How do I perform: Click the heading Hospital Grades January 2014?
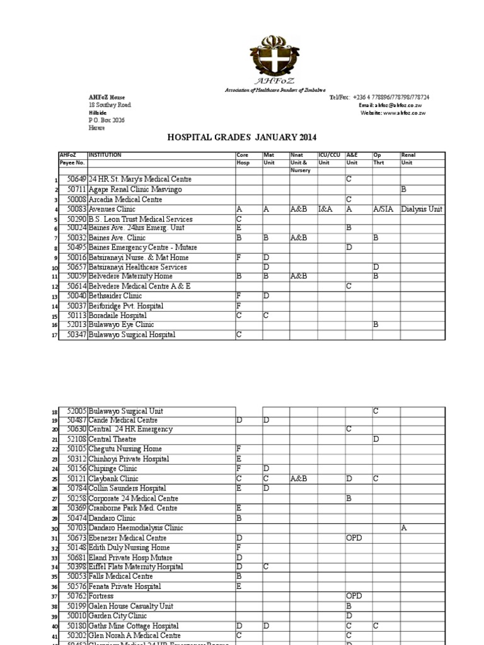click(241, 137)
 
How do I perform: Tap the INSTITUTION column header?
click(105, 155)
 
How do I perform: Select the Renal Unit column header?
click(408, 158)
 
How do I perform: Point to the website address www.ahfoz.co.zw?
click(395, 113)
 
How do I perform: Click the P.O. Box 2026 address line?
click(107, 120)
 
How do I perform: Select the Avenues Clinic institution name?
click(112, 209)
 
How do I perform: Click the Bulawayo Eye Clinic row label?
click(120, 325)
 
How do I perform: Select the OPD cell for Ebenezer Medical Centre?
click(354, 538)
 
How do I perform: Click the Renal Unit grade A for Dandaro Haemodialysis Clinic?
click(404, 528)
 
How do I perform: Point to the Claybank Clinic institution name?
click(113, 479)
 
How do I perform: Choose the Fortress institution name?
click(102, 596)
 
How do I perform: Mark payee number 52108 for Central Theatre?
click(77, 439)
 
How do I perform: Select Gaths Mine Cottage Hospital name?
click(133, 625)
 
